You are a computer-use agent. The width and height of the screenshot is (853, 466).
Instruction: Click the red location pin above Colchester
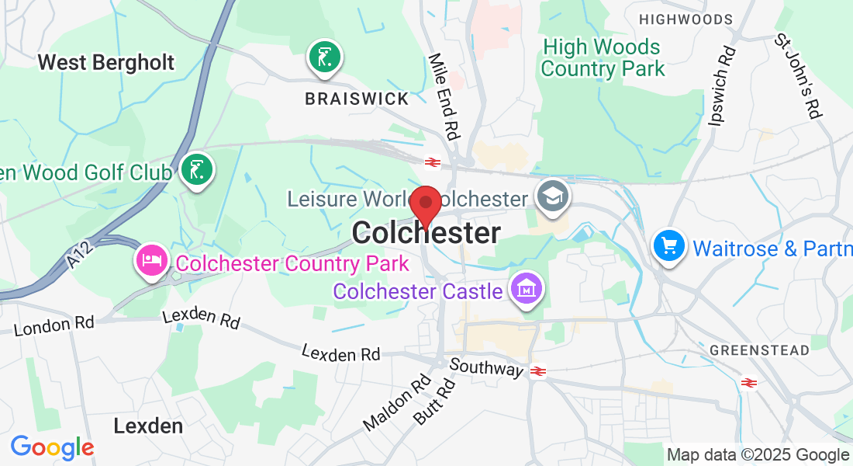(x=425, y=204)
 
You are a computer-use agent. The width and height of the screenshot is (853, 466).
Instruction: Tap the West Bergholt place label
(x=106, y=62)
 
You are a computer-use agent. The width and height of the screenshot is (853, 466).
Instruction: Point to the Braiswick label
(x=357, y=99)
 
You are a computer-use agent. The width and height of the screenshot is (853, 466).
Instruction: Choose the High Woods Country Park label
(x=603, y=58)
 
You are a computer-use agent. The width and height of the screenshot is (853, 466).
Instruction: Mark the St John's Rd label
(x=798, y=76)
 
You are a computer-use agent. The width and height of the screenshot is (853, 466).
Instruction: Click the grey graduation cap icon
(x=554, y=194)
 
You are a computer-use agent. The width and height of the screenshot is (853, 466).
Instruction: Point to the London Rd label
(x=54, y=325)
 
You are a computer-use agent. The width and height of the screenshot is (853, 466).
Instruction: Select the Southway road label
(x=487, y=367)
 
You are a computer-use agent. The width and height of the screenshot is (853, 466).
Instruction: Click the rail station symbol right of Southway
(x=539, y=371)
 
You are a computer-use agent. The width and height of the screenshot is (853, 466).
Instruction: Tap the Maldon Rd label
(x=398, y=403)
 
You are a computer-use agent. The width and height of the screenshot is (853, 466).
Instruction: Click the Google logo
(x=52, y=447)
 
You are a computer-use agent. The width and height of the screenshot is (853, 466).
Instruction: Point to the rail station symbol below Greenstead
(x=748, y=382)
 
